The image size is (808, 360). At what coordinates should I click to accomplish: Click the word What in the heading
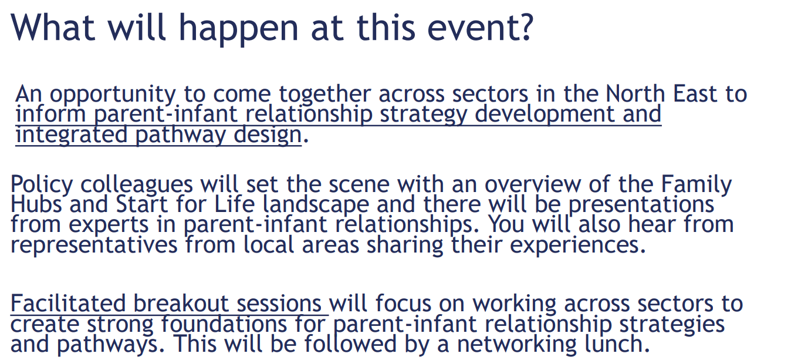click(x=53, y=27)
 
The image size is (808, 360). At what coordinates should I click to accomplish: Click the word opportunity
click(x=113, y=95)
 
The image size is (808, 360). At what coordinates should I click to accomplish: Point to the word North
click(x=635, y=93)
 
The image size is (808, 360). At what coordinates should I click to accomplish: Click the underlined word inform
click(x=50, y=114)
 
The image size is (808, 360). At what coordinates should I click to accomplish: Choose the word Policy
click(x=42, y=186)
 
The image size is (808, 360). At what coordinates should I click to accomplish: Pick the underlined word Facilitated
click(x=68, y=304)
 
